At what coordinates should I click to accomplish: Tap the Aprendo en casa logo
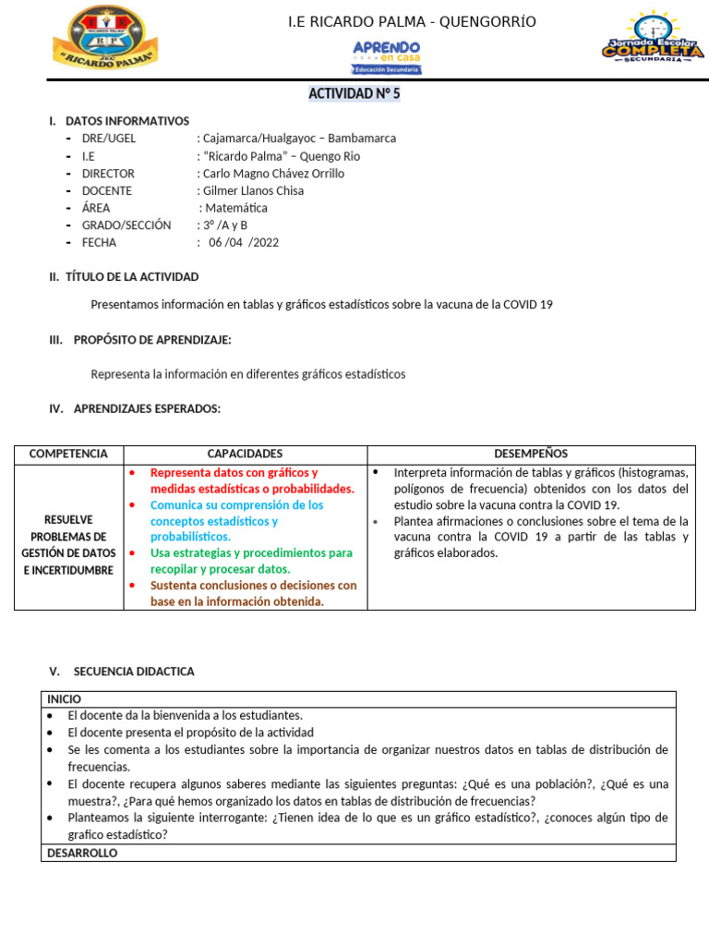(x=386, y=56)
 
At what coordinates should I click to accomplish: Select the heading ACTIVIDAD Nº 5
(x=354, y=94)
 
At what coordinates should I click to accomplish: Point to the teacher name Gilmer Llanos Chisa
(x=253, y=191)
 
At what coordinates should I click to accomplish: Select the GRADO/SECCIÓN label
(x=126, y=225)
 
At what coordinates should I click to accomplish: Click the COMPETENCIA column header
(x=68, y=454)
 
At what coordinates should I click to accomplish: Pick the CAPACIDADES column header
(x=245, y=454)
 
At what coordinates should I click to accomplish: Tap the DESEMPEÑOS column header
(x=531, y=454)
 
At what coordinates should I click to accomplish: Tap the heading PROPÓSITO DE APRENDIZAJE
(x=152, y=340)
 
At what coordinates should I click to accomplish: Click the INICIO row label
(x=65, y=699)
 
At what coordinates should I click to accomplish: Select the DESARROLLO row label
(x=82, y=853)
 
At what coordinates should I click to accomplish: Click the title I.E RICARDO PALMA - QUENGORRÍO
(x=412, y=21)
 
